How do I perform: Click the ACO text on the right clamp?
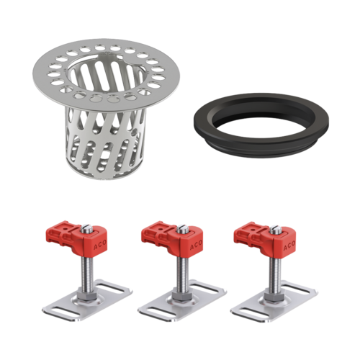click(289, 246)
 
